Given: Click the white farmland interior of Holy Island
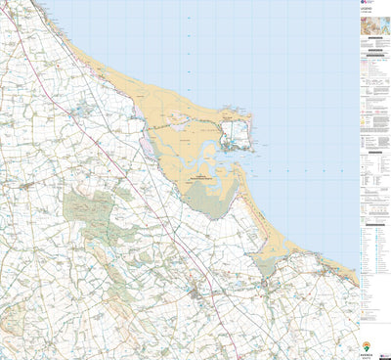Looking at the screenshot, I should (x=236, y=132).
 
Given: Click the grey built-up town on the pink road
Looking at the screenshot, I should (x=200, y=292).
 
